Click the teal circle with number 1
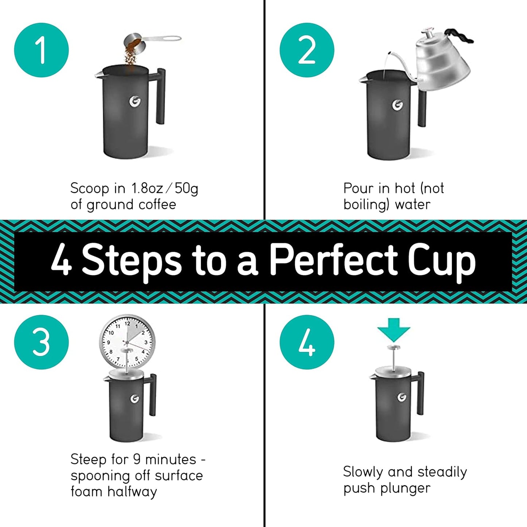[x=41, y=50]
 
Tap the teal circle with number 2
[x=307, y=50]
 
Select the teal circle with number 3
[x=41, y=342]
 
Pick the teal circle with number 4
[x=307, y=342]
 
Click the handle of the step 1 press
[x=160, y=96]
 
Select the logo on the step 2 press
[x=398, y=105]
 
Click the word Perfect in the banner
[x=333, y=260]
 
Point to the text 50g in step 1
[x=186, y=189]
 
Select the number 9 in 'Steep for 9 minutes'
[x=137, y=459]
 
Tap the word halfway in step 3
[x=132, y=492]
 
